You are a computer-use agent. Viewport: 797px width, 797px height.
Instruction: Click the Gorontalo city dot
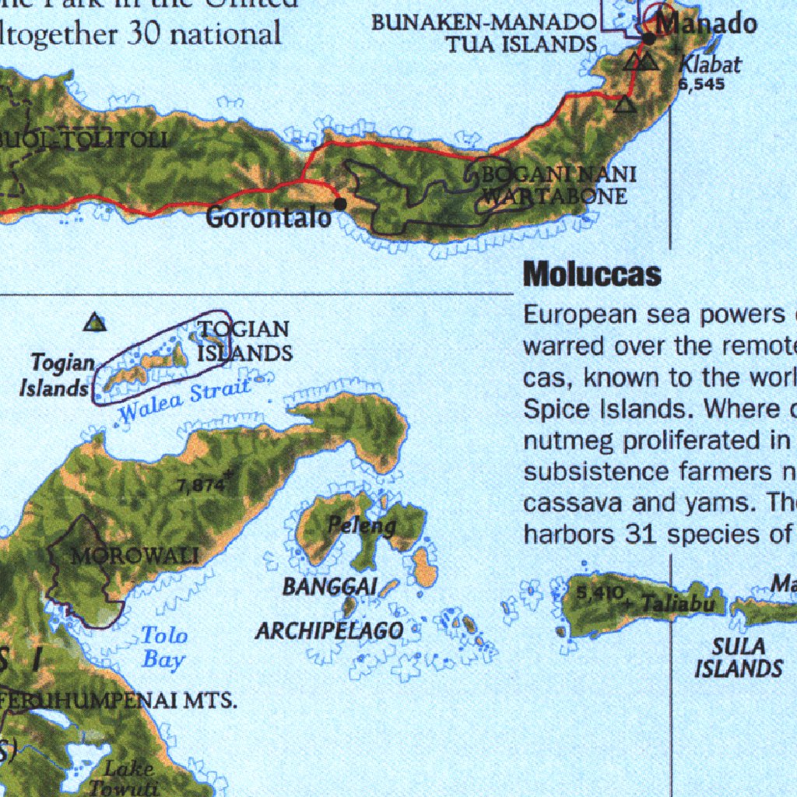tap(340, 204)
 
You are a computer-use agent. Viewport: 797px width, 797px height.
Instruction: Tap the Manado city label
tap(706, 23)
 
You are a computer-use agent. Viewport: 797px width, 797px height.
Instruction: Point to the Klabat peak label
tap(710, 65)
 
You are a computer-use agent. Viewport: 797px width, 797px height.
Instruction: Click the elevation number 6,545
tap(702, 84)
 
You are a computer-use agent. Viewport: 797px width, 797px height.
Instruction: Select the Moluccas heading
tap(592, 274)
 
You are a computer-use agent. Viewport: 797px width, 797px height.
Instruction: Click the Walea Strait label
tap(184, 402)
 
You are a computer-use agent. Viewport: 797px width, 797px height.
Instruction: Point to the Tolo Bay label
tap(164, 648)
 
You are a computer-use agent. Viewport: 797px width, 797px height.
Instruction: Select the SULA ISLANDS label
tap(738, 657)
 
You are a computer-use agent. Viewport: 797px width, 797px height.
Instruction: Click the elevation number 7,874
tap(201, 486)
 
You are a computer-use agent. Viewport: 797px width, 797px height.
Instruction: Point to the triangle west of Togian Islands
tap(95, 321)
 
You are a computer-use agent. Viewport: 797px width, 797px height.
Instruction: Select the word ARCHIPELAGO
tap(330, 630)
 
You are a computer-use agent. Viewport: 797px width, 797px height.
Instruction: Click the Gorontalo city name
tap(269, 219)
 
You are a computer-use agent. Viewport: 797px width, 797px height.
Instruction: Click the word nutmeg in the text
tap(566, 441)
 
